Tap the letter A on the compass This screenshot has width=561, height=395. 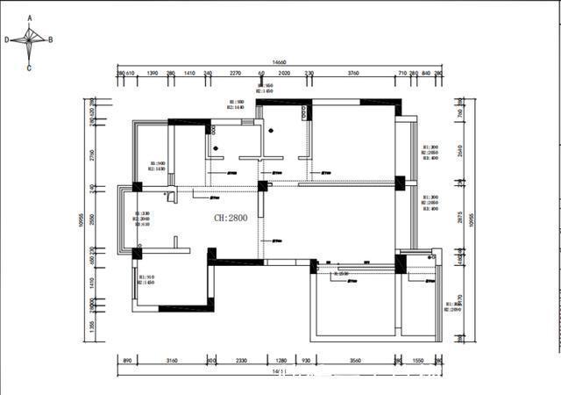30,17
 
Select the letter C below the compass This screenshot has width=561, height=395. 29,68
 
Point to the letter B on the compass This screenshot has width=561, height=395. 50,39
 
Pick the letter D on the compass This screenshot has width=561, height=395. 7,39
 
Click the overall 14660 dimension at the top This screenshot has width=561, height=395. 280,62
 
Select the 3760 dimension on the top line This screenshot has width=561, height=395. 353,75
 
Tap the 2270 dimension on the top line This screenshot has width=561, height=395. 235,75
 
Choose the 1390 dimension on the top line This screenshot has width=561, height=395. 152,75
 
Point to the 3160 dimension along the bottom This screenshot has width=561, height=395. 172,361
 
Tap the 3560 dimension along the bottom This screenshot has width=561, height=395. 354,361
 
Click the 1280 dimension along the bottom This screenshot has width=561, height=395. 281,361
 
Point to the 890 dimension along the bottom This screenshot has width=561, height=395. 127,361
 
